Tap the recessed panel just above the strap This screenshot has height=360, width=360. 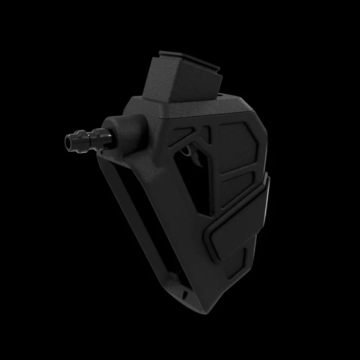(x=234, y=190)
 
